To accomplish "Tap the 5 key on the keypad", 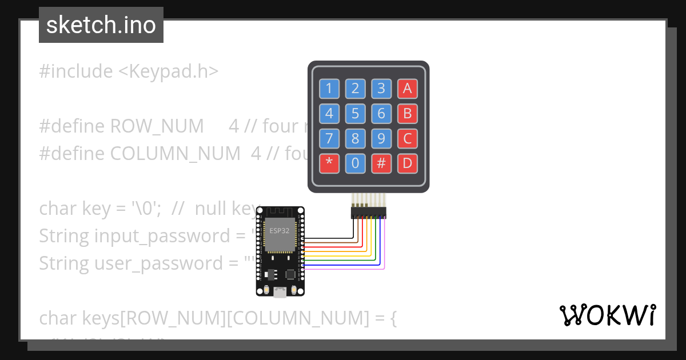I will tap(355, 114).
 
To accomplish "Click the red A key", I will tap(407, 89).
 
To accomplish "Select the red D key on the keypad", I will tap(407, 163).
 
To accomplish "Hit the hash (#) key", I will tap(381, 163).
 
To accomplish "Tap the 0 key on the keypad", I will tap(355, 163).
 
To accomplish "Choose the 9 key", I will tap(381, 138).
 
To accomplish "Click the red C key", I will tap(407, 138).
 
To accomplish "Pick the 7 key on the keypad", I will tap(329, 138).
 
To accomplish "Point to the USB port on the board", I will tap(280, 293).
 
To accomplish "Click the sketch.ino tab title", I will tap(101, 25).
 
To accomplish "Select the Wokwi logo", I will tap(607, 315).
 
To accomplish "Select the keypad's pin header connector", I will tap(368, 212).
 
